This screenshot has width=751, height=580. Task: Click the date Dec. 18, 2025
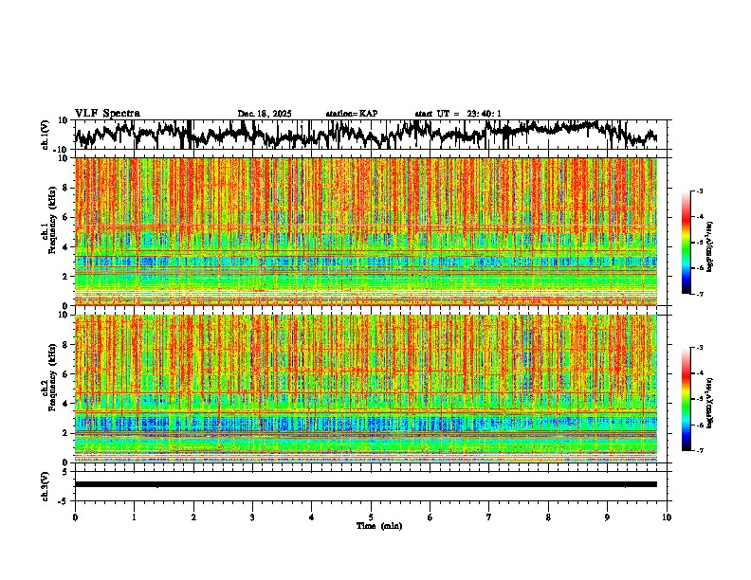265,114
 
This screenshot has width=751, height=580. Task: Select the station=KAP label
352,114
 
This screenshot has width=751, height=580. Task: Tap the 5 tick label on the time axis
371,517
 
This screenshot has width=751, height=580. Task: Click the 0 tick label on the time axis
75,517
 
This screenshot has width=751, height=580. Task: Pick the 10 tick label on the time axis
667,517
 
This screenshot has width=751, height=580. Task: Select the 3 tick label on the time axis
252,517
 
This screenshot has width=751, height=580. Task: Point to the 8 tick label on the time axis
548,517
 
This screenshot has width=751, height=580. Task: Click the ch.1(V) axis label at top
45,135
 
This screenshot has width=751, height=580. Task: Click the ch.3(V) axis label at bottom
45,484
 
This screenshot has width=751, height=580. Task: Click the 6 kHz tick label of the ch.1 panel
64,217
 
